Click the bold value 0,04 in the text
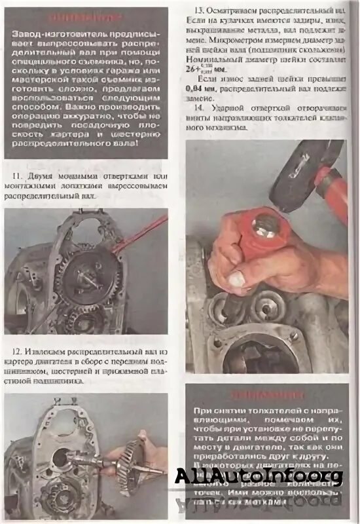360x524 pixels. coord(197,87)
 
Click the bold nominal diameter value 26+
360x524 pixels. coord(195,67)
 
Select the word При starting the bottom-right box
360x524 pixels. coord(203,410)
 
